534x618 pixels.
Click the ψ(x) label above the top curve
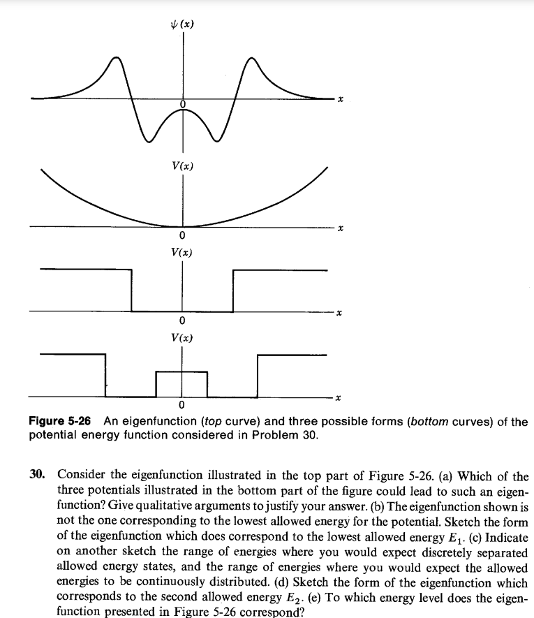[183, 25]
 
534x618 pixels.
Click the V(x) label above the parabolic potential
[182, 166]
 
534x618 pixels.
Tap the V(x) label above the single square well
[182, 251]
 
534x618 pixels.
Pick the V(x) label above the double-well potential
[182, 337]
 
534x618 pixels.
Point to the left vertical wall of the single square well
[131, 290]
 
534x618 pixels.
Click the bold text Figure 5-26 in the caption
[62, 422]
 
